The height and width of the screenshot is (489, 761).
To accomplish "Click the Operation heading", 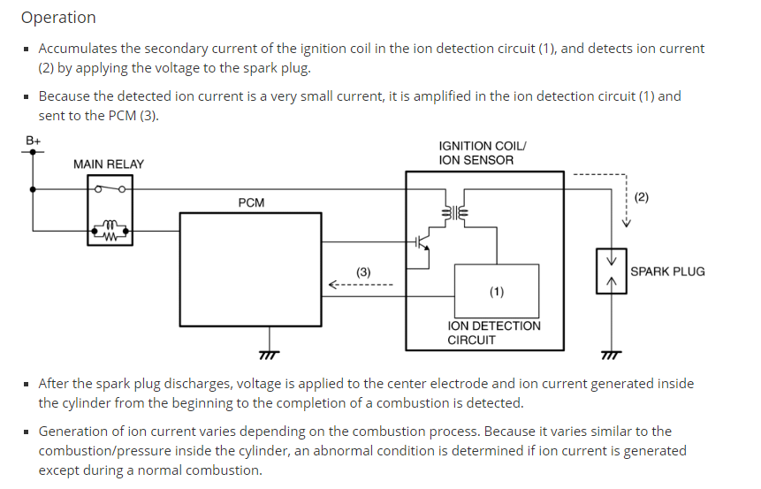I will point(58,18).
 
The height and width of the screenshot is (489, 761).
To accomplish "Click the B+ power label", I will point(34,139).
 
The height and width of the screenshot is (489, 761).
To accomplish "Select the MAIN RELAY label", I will point(108,164).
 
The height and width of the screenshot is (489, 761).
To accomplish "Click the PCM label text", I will point(251,203).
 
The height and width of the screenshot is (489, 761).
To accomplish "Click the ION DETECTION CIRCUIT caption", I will point(493,333).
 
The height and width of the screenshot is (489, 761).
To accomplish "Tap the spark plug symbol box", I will point(610,271).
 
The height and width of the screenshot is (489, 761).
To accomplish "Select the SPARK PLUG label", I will point(667,271).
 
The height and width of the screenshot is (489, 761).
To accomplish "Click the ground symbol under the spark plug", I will point(610,355).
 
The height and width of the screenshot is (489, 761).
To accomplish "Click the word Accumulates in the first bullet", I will point(82,49).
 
